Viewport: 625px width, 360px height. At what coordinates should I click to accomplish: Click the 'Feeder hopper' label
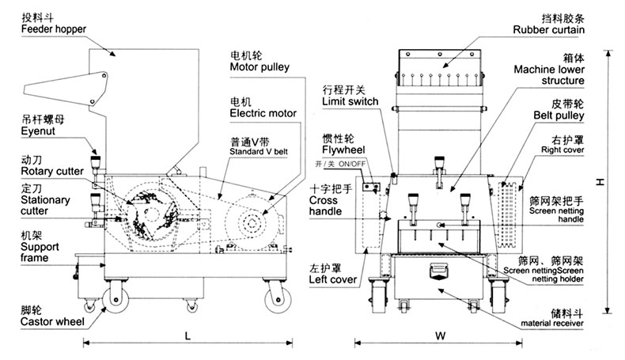(54, 29)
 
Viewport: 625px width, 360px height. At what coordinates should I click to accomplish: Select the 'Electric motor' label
(263, 113)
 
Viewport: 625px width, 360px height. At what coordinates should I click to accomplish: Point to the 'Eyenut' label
(38, 132)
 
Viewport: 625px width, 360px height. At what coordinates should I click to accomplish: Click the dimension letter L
(187, 334)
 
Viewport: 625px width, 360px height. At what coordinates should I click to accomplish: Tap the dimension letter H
(601, 181)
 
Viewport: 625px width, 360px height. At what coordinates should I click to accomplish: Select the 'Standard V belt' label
(259, 151)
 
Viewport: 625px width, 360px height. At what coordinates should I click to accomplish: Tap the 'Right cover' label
(564, 148)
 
